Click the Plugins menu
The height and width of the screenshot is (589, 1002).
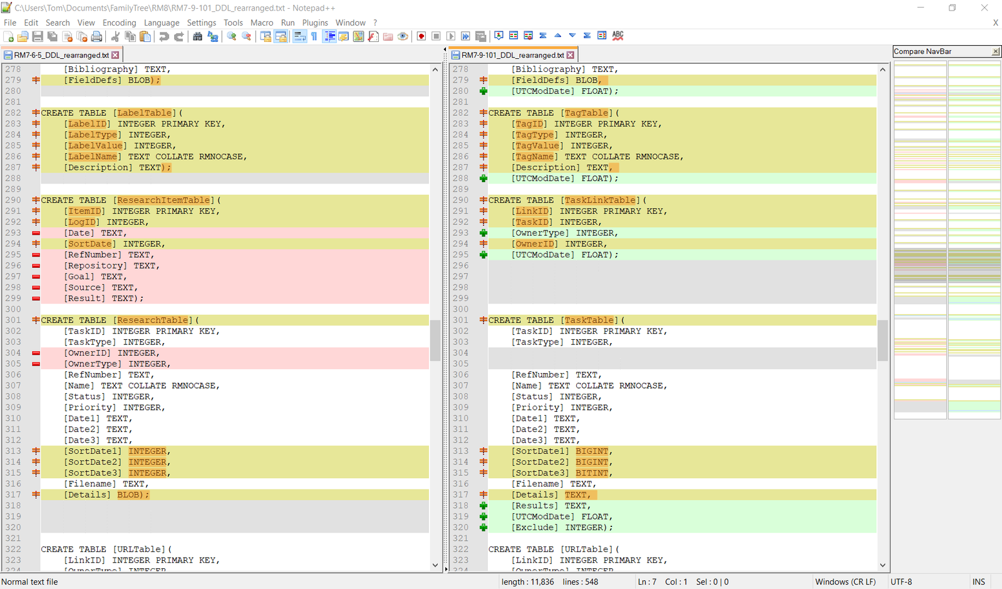315,23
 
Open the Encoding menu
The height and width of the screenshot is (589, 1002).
119,23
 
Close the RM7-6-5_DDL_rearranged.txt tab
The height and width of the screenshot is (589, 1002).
115,55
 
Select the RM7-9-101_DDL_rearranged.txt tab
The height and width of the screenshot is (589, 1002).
512,55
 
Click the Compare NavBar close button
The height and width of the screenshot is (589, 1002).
995,51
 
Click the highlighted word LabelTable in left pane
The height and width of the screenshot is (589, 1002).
145,113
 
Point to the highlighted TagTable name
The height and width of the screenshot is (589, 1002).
586,113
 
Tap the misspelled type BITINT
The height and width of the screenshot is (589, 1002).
592,473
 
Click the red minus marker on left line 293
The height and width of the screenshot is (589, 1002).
36,233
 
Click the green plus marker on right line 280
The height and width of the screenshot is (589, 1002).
483,91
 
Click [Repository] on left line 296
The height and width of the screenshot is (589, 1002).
95,265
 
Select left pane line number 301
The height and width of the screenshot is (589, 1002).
13,320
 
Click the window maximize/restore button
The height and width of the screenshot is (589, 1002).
952,8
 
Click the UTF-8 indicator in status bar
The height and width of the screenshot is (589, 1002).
901,582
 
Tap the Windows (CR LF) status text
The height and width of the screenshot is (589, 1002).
845,582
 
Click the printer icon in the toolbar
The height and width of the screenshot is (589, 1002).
96,37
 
